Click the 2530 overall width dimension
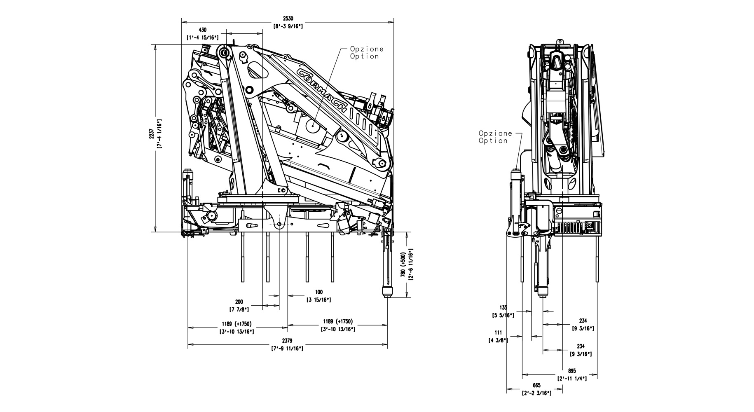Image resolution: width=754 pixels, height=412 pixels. point(288,19)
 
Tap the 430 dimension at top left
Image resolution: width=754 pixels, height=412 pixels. point(202,30)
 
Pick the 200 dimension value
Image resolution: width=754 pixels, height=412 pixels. point(239,302)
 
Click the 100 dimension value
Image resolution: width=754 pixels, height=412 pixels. point(318,293)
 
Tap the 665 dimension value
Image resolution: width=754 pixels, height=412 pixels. point(536,386)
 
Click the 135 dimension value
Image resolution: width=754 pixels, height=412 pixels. point(503,308)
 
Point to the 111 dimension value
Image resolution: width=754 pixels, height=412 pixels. point(499,333)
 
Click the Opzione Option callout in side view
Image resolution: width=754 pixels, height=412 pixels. point(367,53)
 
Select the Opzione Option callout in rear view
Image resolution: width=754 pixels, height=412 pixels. point(495,137)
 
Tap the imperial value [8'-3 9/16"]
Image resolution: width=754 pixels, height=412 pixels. point(288,26)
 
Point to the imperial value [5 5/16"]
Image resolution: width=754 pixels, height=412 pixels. point(503,316)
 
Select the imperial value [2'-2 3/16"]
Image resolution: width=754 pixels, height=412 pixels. point(536,393)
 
